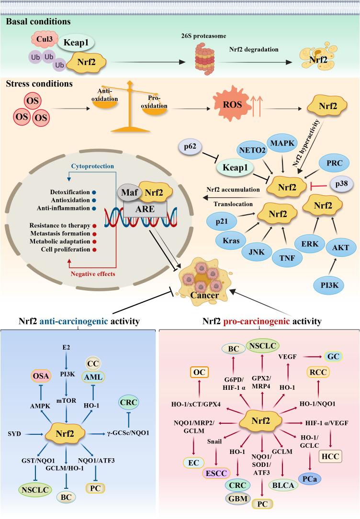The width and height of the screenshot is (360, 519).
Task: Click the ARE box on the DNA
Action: coord(145,209)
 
